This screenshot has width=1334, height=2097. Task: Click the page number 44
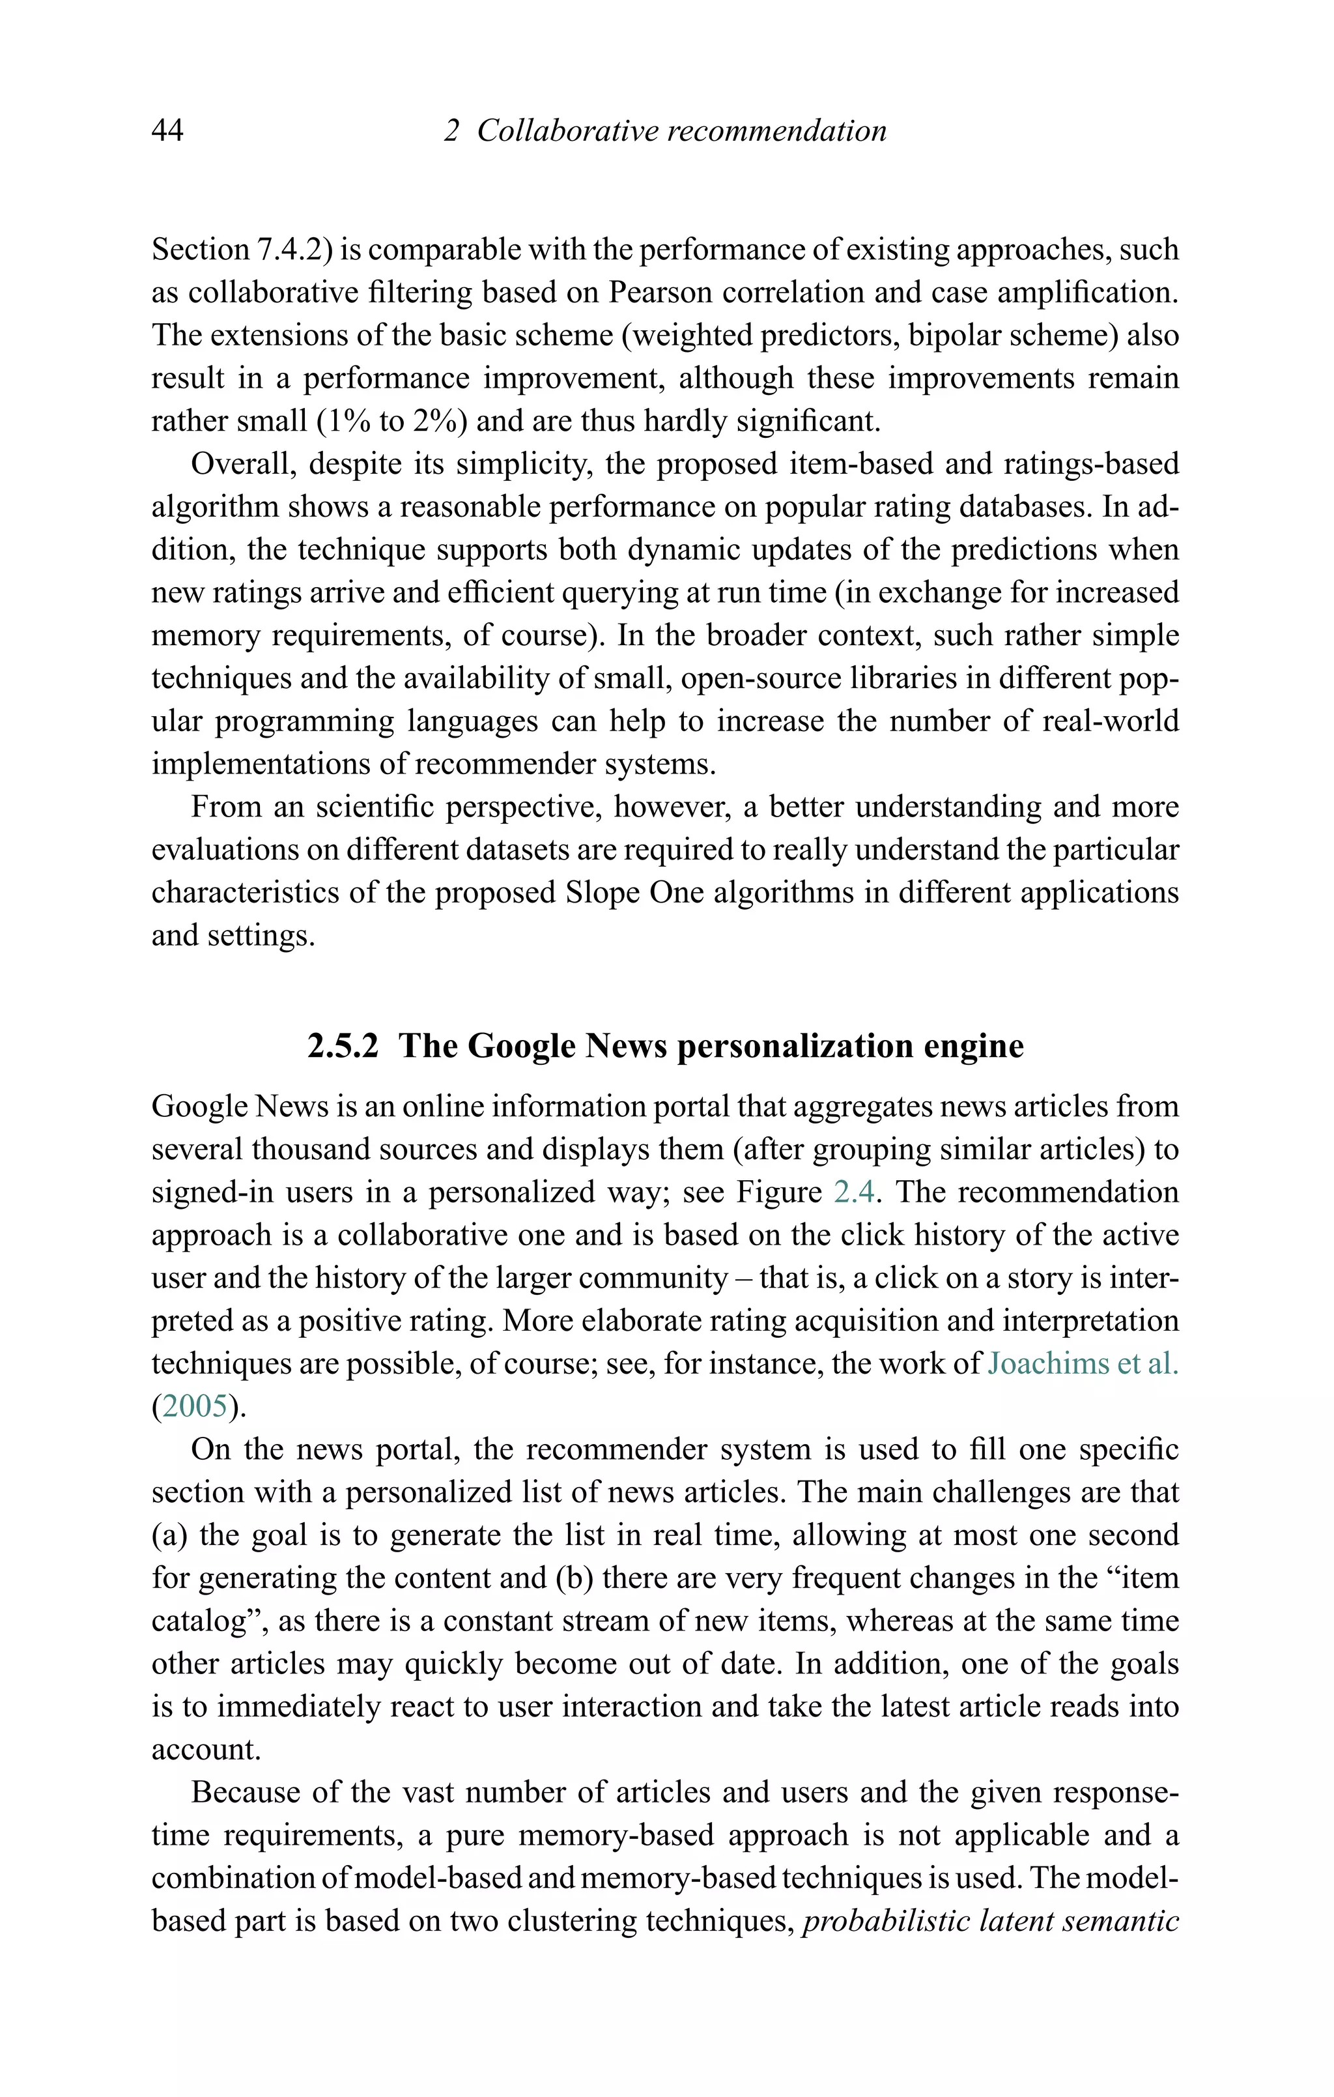point(167,130)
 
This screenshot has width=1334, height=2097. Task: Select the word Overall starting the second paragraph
point(240,464)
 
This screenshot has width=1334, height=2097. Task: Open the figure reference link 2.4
point(853,1193)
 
